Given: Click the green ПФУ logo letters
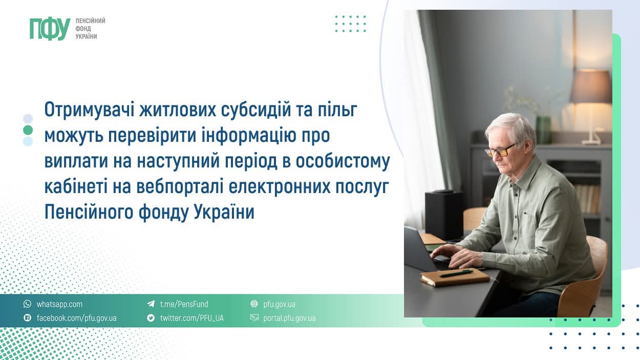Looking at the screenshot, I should pos(50,29).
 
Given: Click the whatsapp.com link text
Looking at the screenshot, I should pos(59,304).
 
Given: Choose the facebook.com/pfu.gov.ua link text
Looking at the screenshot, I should pos(76,318).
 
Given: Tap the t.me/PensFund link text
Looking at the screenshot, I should pos(184,304).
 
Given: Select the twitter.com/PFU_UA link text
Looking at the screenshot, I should pos(192,318).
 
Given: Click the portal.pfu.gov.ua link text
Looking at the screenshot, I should pos(289,318).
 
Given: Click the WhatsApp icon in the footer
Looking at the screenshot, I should pos(28,304).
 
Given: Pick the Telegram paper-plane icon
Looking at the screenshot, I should pos(151,304).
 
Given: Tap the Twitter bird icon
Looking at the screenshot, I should pos(151,318).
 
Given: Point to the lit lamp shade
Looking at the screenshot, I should pos(591,87).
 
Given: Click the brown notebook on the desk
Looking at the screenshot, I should pos(455,277).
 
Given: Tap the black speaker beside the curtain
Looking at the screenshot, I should pos(443,215).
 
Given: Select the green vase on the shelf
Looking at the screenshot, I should pos(543,130).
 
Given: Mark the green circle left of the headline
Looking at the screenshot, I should pos(28,130).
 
